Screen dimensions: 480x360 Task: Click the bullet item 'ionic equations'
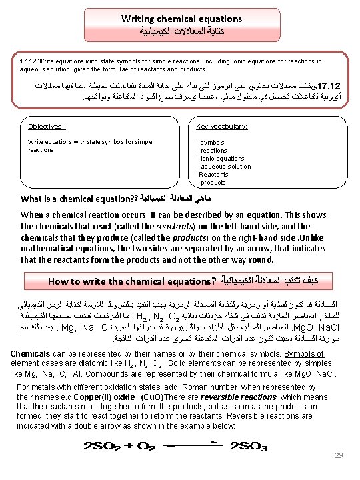[x=222, y=159]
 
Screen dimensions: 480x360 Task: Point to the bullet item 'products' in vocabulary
[x=213, y=183]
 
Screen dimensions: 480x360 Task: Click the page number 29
[x=339, y=455]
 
